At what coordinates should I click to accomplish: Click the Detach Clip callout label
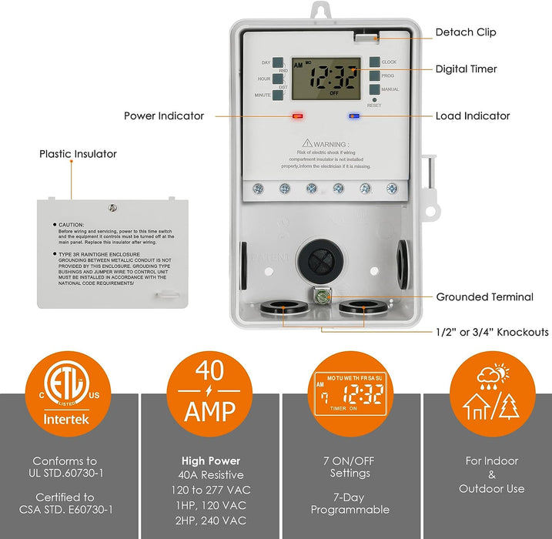466,32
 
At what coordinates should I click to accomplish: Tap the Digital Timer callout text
467,69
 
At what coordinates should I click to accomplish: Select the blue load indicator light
353,117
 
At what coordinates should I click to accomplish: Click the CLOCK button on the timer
374,62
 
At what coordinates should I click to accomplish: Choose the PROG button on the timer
374,76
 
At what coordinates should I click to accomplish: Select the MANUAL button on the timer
374,90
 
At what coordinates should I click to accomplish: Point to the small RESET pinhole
374,100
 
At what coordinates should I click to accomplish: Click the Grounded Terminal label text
484,297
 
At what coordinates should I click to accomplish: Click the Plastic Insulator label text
79,154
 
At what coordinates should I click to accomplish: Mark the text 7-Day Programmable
350,503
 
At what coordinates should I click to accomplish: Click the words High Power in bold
209,461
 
